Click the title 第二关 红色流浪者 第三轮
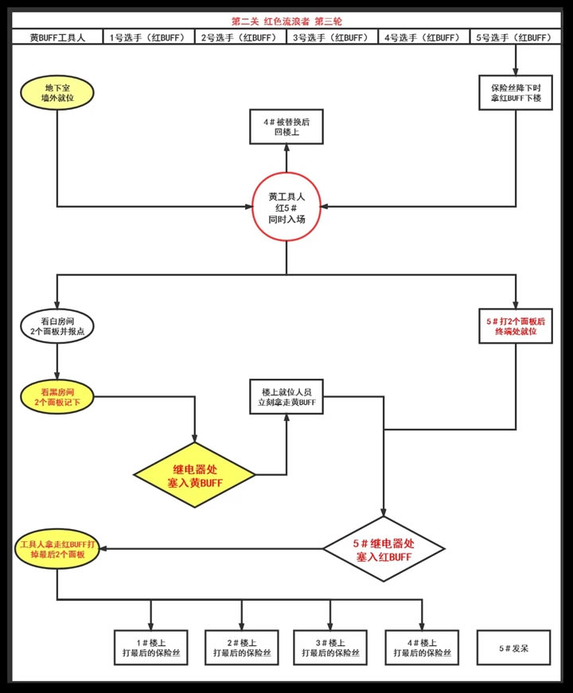pos(286,21)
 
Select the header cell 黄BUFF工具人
pos(57,37)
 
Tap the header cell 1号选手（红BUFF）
pos(149,37)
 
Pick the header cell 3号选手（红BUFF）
pos(333,37)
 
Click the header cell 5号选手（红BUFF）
pos(516,37)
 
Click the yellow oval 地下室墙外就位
pos(57,92)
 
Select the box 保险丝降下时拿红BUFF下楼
pos(516,92)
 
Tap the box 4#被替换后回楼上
pos(286,127)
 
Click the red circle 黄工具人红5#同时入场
pos(286,206)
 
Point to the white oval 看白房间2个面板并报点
pos(57,325)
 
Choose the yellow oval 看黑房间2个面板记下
pos(57,397)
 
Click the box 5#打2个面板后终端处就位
pos(516,325)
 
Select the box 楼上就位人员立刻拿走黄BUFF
pos(286,397)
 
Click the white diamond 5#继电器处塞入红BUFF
pos(384,548)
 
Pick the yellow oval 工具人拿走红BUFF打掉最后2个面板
pos(57,548)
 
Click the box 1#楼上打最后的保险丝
pos(151,648)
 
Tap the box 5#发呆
pos(514,648)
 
